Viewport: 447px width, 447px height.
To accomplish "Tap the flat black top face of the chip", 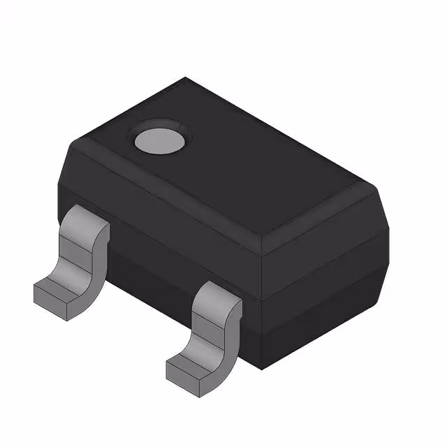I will [230, 168].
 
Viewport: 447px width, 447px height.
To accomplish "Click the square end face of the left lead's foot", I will [48, 297].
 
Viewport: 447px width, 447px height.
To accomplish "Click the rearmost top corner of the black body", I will [186, 78].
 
